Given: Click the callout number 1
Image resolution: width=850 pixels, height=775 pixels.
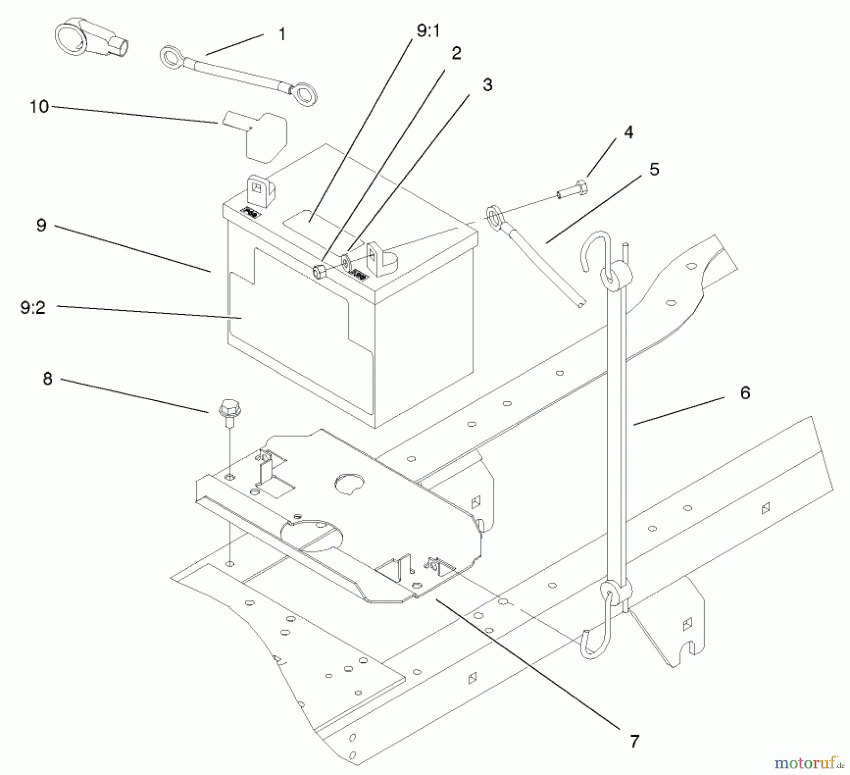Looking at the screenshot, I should pos(282,34).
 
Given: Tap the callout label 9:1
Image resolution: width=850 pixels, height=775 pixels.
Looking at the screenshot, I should pos(428,31).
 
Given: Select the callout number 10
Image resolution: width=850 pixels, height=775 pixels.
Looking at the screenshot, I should pos(39,106).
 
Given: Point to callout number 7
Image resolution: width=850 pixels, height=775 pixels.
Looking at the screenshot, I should pos(634,741).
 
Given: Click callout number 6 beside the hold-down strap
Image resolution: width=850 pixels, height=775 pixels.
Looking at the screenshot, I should pos(745,393).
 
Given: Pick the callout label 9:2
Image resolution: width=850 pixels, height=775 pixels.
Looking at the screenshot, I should pos(33,308).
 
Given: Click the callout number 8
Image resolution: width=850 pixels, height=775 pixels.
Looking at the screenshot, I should pos(47,379).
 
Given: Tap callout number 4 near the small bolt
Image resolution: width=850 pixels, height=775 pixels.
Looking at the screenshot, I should pos(628,132).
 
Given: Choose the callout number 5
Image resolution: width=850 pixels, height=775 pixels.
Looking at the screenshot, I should pos(654,169).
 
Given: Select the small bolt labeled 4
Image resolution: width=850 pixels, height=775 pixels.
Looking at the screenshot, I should pos(573,190).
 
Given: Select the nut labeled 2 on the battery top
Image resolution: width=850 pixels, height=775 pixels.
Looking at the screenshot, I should pos(319,273).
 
